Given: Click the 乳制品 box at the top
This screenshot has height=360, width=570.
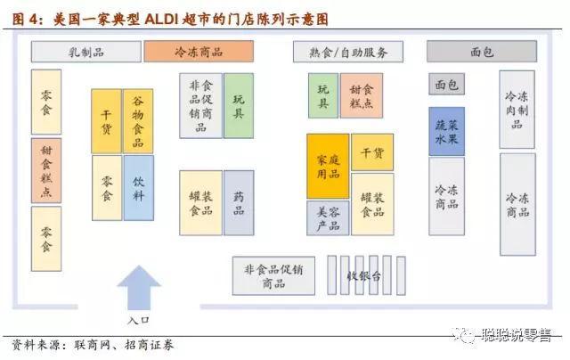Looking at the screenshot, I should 85,52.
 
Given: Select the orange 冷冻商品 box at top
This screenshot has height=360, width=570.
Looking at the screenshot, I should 199,52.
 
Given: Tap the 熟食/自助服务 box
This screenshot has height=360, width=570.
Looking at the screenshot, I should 347,52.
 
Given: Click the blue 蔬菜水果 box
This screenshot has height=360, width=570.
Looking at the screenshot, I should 446,131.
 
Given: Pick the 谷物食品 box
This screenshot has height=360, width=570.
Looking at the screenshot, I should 138,120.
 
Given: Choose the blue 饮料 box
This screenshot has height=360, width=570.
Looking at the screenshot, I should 138,188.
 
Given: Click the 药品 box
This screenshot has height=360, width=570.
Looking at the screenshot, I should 239,202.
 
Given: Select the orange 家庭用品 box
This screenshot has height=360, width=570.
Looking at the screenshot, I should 328,166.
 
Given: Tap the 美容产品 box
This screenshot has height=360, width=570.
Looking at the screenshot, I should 328,217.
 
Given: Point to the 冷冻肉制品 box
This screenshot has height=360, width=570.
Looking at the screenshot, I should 517,109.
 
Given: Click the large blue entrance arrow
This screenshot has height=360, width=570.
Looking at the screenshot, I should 139,287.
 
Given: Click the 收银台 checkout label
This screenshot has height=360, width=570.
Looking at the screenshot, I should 364,276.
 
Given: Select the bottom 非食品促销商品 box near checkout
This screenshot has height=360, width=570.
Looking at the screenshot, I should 273,276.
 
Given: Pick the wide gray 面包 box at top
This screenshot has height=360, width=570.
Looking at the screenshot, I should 481,52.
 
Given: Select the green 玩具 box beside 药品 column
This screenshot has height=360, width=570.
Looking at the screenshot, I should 239,105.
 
